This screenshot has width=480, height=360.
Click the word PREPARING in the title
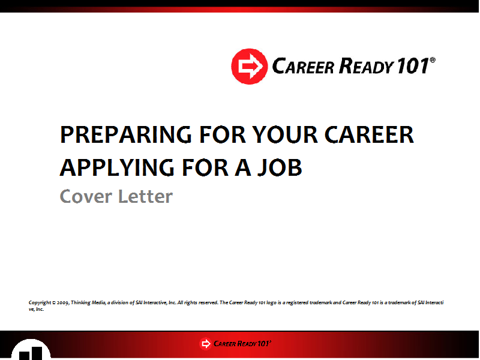point(126,134)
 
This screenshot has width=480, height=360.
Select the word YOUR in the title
point(285,134)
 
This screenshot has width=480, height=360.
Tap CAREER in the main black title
point(369,134)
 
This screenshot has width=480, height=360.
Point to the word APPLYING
point(117,167)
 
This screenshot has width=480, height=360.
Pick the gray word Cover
point(86,196)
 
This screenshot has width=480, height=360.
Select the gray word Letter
point(145,196)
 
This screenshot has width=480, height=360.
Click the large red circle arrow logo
point(249,67)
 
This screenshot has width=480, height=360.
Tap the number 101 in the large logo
point(413,66)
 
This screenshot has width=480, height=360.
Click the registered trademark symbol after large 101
point(433,59)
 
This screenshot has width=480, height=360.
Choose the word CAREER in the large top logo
point(303,66)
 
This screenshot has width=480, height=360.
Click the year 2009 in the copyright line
point(63,303)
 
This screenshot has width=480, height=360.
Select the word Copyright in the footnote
point(40,303)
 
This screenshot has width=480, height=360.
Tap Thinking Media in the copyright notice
point(88,303)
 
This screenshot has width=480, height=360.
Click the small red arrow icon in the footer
point(206,344)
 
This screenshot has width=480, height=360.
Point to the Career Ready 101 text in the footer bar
point(242,343)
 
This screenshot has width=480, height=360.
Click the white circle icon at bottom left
point(31,350)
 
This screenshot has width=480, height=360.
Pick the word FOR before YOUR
point(223,134)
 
